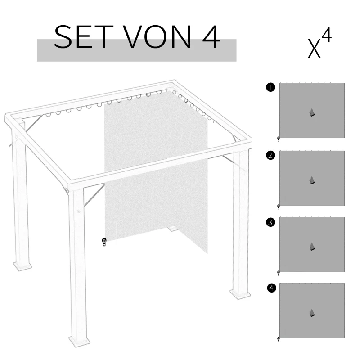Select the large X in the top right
315,49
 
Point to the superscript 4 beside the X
327,36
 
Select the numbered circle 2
270,156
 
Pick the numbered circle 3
270,222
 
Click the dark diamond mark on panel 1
312,113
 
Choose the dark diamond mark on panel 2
312,180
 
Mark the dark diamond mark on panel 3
312,247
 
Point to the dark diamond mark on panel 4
312,313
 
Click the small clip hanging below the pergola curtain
104,242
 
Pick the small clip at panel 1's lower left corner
279,139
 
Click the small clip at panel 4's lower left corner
279,339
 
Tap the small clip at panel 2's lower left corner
279,207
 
